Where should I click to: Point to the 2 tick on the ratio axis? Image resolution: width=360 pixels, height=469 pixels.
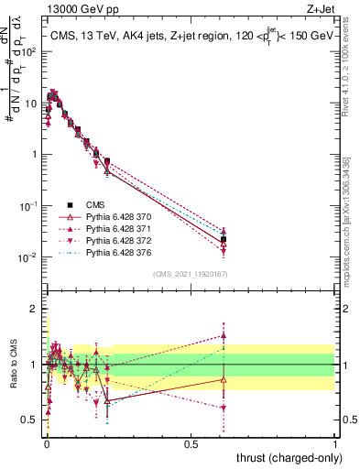tap(38, 309)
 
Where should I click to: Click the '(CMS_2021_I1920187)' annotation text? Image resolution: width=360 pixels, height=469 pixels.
tap(190, 274)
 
